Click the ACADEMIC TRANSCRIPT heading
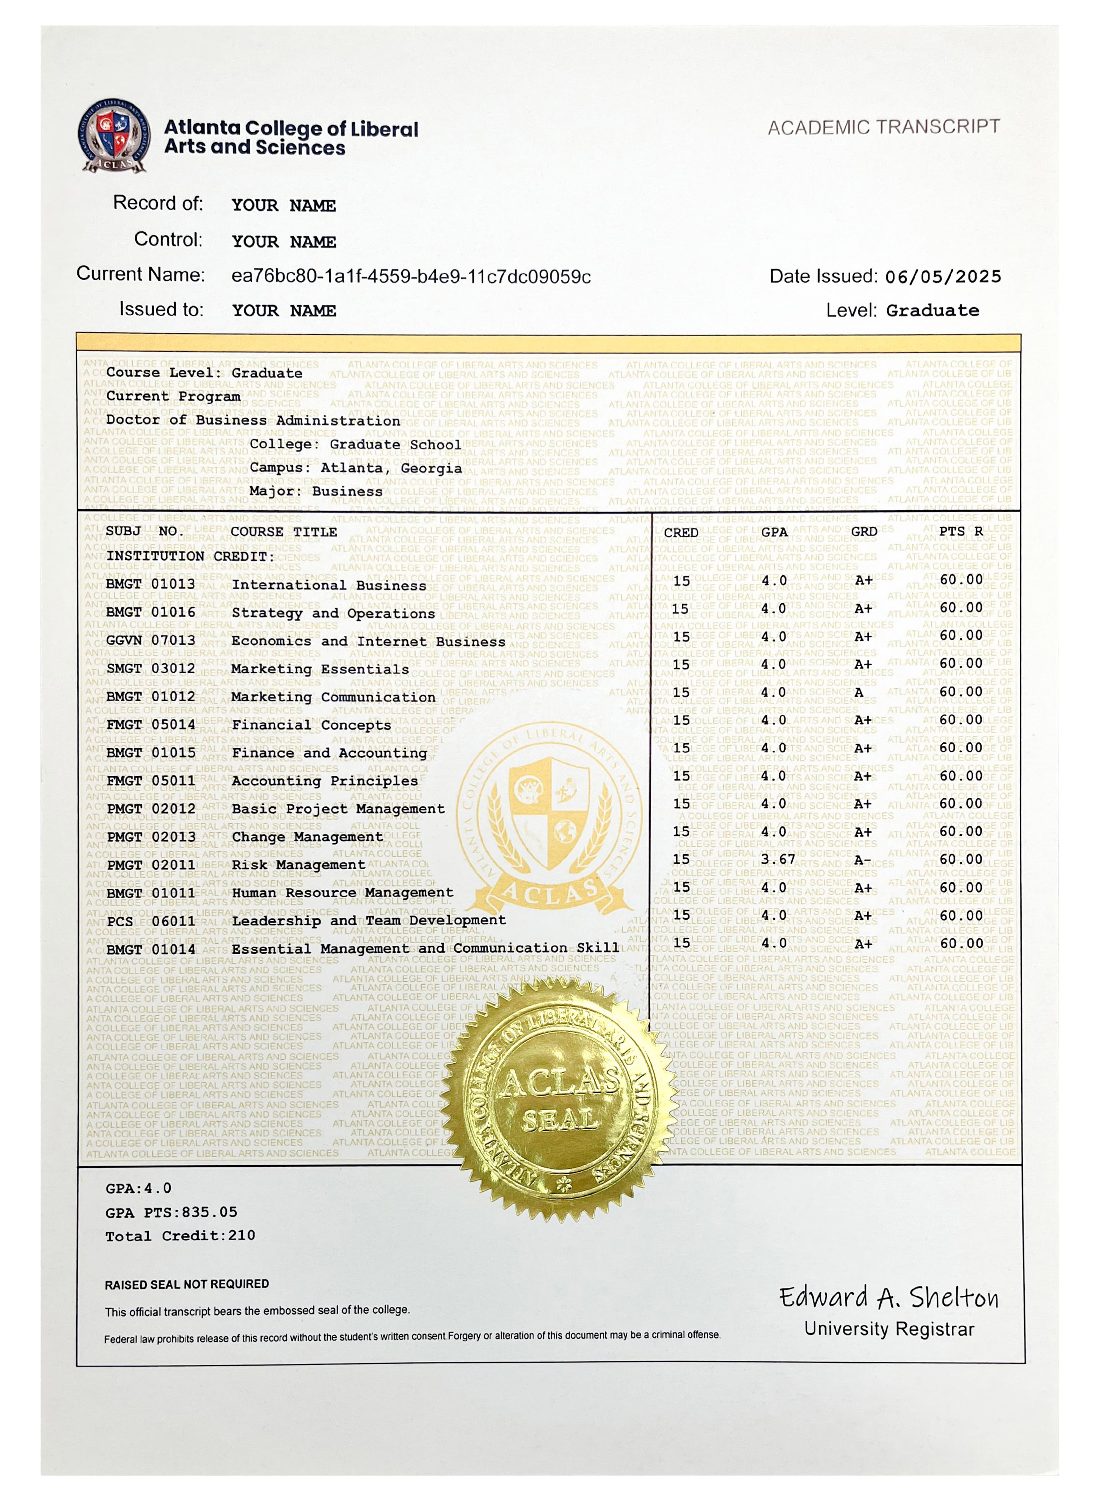point(884,127)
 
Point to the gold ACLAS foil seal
point(559,1099)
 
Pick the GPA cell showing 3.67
point(778,859)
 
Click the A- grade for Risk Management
point(862,861)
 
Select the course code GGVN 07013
point(150,640)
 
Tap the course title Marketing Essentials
point(320,669)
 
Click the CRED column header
point(681,532)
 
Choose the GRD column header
point(863,532)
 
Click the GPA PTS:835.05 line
point(171,1212)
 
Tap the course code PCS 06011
point(150,921)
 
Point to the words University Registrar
point(889,1329)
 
